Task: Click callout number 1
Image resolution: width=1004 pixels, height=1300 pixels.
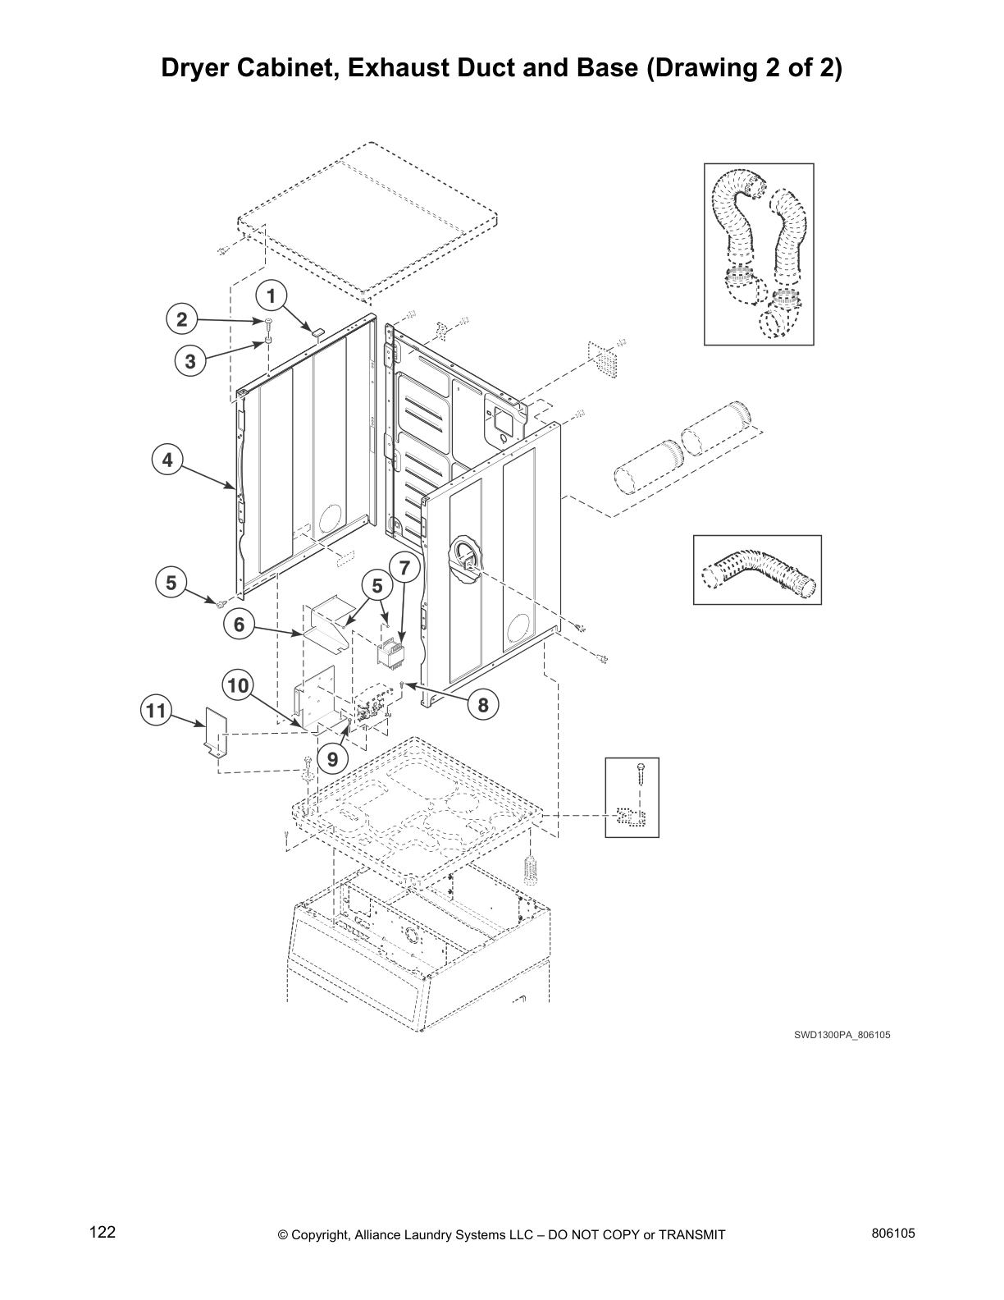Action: pos(272,294)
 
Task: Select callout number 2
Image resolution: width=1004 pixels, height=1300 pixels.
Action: pos(182,319)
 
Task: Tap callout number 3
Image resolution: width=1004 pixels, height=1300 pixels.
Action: pos(190,361)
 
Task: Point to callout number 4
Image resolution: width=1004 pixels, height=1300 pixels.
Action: pos(167,460)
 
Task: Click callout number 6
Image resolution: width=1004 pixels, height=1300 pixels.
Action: pos(239,625)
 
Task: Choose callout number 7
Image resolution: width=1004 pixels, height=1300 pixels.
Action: pos(404,566)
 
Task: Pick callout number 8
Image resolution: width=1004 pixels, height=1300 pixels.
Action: pos(483,704)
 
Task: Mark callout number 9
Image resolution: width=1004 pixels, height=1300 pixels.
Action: pos(332,759)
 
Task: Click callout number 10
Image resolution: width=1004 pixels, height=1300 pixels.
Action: pos(238,685)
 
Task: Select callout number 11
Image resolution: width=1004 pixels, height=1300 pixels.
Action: pos(156,709)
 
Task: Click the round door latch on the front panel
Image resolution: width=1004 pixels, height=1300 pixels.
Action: pos(463,562)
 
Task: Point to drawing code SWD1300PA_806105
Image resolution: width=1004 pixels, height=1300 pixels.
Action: pos(842,1035)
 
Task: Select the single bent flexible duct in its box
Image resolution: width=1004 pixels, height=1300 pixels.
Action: pos(757,570)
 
